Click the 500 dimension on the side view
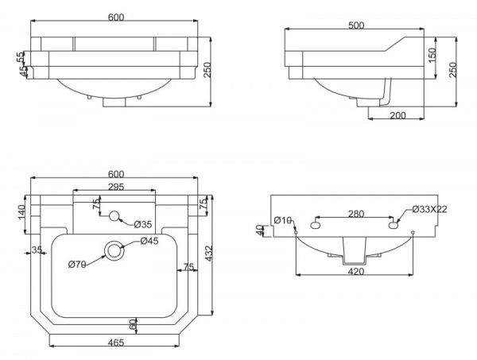pos(355,25)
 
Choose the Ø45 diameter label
pos(149,242)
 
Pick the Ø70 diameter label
pos(77,264)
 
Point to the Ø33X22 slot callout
pos(431,209)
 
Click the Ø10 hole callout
pos(282,220)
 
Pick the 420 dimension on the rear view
pos(355,271)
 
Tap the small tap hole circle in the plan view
pos(114,215)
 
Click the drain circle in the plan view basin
pos(116,250)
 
